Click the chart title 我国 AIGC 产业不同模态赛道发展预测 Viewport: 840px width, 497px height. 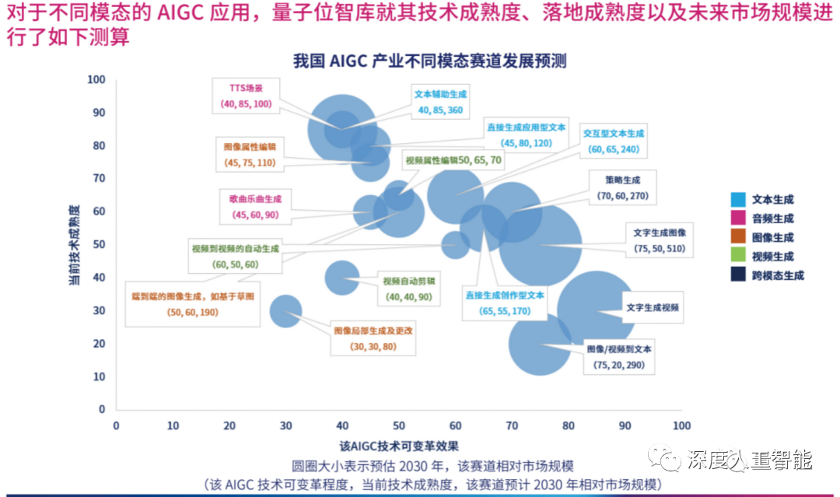pos(429,61)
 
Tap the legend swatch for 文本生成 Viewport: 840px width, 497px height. pos(740,200)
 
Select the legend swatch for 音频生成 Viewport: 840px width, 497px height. pos(740,219)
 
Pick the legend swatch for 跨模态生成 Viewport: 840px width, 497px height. pos(740,275)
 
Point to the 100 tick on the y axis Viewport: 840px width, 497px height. pos(96,79)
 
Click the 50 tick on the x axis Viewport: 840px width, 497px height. pos(399,425)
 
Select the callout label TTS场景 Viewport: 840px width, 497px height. pos(246,89)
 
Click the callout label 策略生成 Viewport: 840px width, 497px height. pos(622,180)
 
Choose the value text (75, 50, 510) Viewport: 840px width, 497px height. pos(659,248)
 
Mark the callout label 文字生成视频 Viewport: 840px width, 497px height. pos(653,307)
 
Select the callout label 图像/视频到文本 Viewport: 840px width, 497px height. pos(619,349)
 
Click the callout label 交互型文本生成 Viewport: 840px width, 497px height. pos(614,133)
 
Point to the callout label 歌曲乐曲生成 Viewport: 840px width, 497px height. pos(254,198)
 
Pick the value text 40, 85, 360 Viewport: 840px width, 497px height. pos(440,110)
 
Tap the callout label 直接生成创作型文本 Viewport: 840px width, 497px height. pos(505,296)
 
